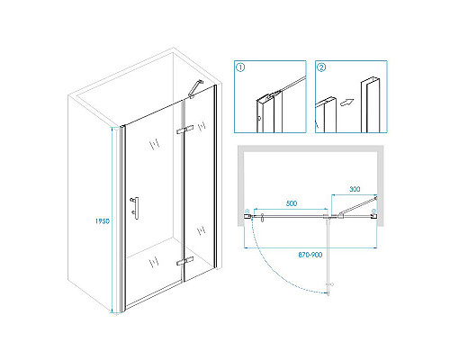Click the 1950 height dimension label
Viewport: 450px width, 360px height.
coord(103,221)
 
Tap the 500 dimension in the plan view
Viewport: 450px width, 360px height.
coord(292,203)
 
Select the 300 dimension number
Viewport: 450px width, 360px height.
coord(355,189)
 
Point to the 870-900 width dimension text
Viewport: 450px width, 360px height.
coord(310,255)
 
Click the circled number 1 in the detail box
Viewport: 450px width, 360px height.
coord(240,67)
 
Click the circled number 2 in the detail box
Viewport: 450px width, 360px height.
coord(321,67)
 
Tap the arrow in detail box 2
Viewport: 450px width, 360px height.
coord(346,103)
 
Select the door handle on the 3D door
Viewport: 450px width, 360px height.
coord(135,208)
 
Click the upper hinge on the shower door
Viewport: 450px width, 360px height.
coord(184,130)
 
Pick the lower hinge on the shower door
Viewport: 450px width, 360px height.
coord(184,261)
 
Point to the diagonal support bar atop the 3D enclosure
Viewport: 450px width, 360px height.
coord(195,89)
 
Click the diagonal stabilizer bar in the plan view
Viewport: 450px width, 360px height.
coord(358,206)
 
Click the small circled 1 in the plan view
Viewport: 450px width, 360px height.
coord(247,211)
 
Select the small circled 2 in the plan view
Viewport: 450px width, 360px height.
coord(373,211)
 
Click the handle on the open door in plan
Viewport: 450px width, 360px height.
coord(331,284)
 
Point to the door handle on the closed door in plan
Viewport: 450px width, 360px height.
coord(263,218)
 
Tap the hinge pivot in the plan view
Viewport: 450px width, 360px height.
coord(329,216)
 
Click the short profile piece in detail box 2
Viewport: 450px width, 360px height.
coord(326,114)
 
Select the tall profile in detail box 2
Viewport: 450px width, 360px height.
coord(370,105)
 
